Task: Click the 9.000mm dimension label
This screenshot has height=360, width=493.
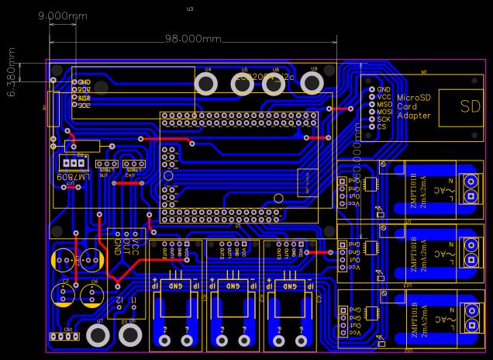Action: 62,16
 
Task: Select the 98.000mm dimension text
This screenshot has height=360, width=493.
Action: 193,39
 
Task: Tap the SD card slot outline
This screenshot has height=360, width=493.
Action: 460,107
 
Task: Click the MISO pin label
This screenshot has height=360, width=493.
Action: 384,104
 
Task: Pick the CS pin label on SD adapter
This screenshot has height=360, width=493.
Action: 381,126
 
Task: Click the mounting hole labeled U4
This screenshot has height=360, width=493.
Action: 206,84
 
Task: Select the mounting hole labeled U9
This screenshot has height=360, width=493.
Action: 312,83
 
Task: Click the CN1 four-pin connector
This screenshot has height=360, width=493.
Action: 64,336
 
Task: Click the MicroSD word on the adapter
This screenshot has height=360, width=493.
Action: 413,98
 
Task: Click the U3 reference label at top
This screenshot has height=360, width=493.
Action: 190,9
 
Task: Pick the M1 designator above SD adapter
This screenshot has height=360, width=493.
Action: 423,72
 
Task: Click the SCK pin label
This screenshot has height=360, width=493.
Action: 384,119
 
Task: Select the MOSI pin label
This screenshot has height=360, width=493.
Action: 384,112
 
